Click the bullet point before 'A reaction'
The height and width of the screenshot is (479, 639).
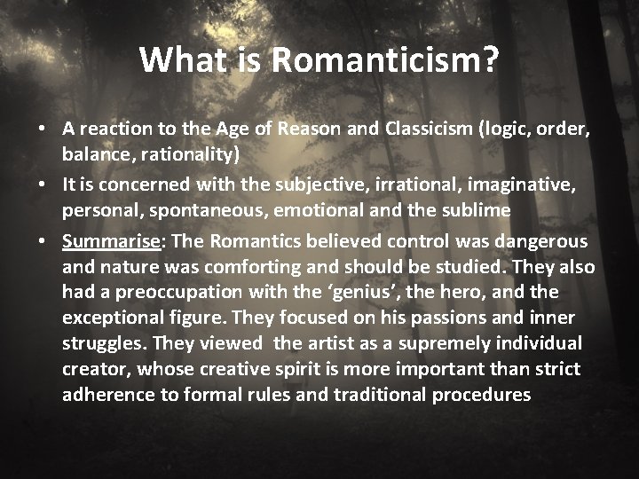point(43,130)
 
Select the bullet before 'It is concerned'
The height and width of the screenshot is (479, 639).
point(43,185)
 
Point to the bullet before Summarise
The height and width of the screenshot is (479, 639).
point(43,242)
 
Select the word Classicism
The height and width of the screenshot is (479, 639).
point(422,130)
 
